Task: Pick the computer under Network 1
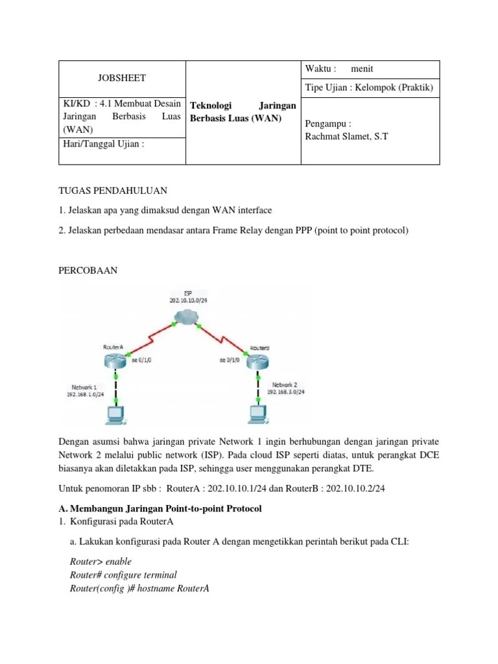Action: [115, 413]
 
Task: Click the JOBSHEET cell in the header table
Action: [122, 78]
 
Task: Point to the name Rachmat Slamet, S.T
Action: [346, 137]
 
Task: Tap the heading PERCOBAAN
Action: [88, 270]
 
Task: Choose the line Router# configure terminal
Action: [123, 575]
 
